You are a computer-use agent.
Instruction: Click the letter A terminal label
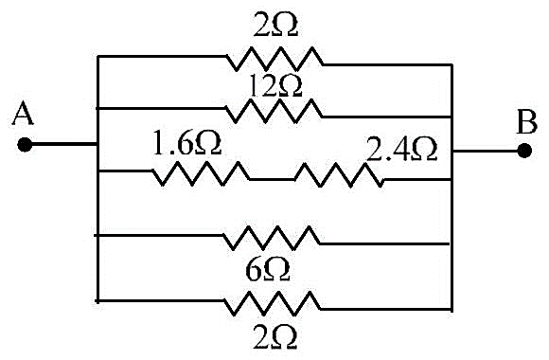point(23,113)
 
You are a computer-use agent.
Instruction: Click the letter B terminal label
point(527,122)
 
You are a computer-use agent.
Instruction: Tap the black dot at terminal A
point(25,144)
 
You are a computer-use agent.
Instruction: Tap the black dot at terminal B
point(524,151)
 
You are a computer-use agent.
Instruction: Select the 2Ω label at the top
point(275,26)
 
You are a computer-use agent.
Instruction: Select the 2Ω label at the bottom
point(274,337)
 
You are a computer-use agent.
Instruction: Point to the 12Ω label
point(274,86)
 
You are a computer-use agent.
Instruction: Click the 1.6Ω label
point(187,143)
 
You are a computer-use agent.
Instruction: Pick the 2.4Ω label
point(402,150)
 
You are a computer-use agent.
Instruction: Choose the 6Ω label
point(268,270)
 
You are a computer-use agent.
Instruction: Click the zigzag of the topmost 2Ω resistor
point(274,59)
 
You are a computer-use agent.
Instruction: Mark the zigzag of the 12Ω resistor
point(274,111)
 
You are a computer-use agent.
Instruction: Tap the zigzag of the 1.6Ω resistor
point(201,173)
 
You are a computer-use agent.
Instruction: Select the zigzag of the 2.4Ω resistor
point(339,175)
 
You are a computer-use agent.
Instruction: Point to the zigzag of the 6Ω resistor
point(272,238)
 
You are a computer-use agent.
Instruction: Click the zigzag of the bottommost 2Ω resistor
point(273,303)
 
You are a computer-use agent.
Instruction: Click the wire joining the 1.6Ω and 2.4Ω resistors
point(273,179)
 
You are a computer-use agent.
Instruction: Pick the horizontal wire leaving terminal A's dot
point(63,144)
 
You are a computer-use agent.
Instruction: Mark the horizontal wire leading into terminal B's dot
point(486,151)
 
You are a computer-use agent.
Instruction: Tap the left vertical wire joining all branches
point(97,179)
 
